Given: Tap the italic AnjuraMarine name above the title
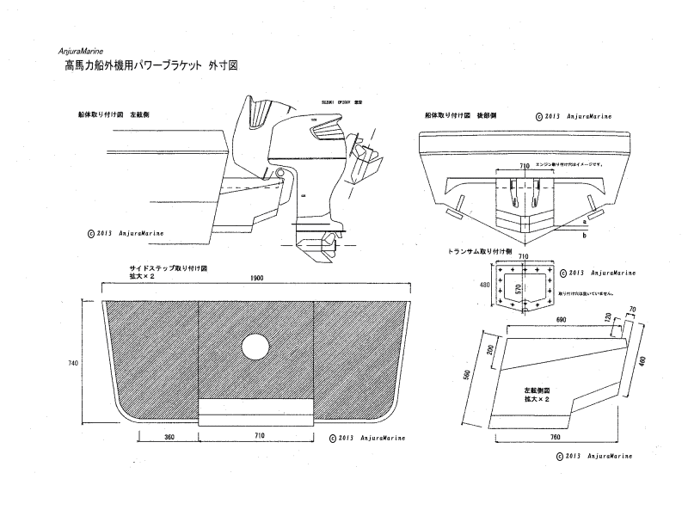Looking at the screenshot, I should pos(83,51).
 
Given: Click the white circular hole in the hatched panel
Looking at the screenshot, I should pos(255,347).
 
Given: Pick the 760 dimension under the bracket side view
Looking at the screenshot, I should pos(555,437).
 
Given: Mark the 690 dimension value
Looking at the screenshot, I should pos(562,319).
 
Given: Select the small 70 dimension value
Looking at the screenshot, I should pos(632,309).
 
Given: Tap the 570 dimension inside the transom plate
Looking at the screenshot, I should pos(518,291).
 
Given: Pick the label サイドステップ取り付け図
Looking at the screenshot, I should pos(168,267).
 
